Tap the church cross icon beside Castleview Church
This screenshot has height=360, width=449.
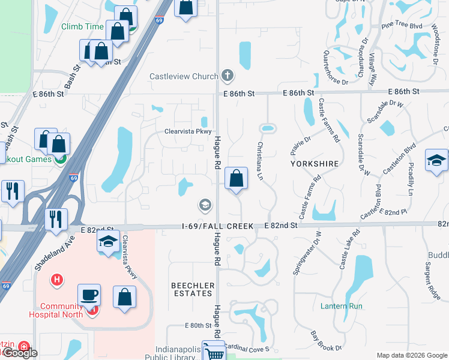[x=227, y=76]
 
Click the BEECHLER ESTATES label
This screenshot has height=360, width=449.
[x=192, y=289]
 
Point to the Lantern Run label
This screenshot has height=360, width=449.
[x=342, y=306]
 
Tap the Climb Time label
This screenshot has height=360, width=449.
[x=82, y=27]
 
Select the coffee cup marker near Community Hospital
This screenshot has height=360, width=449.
[x=89, y=295]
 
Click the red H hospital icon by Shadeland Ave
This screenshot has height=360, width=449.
[x=57, y=279]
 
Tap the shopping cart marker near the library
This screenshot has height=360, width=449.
[x=214, y=352]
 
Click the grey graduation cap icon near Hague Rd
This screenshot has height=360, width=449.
[x=205, y=205]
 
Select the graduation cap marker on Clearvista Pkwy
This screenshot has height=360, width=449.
[x=108, y=242]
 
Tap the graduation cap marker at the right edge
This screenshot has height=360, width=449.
[x=436, y=160]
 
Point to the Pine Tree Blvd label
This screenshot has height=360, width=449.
[x=402, y=25]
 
